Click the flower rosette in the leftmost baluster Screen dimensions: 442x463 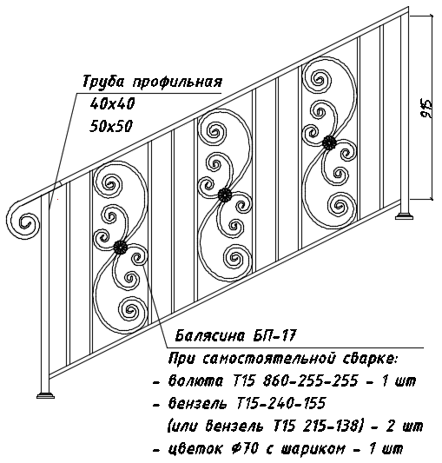coord(120,248)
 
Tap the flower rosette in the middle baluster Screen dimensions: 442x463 coord(225,195)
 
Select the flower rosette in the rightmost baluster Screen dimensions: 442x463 coord(329,143)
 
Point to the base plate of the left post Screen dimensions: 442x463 coord(46,395)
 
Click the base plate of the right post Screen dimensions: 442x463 coord(404,216)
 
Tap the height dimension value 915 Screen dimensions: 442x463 coord(426,109)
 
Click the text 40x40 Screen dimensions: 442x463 coord(112,103)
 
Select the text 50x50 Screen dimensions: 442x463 coord(111,126)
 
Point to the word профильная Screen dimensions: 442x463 coord(177,83)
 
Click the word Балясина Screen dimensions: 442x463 coord(210,335)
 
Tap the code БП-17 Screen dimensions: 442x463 coord(274,335)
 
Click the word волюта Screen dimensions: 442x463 coord(195,381)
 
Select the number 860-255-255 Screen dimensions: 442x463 coord(310,380)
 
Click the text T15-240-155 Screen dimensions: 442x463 coord(280,403)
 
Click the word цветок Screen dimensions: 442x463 coord(195,449)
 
